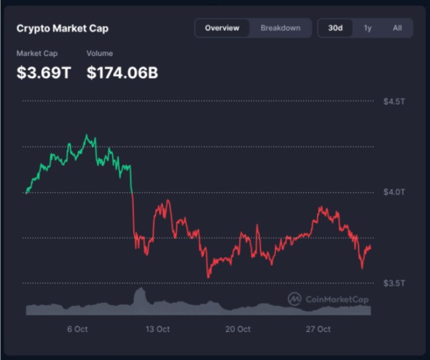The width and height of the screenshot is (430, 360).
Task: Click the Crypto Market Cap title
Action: coord(62,28)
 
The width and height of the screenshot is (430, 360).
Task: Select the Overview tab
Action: coord(222,28)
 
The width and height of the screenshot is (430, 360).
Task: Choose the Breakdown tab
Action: coord(281,28)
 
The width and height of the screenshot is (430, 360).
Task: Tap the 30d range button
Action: coord(335,28)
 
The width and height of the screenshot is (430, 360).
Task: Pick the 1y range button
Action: coord(367,28)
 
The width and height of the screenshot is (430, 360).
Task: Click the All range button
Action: coord(397,28)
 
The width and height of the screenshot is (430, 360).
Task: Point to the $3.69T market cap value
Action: coord(43,73)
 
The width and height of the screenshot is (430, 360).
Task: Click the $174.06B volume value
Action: coord(122,73)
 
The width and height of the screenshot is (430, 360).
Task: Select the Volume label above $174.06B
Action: coord(100,53)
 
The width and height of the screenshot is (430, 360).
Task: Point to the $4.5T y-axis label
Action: coord(394,102)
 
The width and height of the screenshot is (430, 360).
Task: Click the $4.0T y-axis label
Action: coord(394,192)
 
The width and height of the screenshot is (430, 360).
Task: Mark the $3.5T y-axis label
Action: coord(394,283)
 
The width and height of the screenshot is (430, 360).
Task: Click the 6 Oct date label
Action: coord(77,329)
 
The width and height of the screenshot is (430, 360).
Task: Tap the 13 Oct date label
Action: coord(157,329)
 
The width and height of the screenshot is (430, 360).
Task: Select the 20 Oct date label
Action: coord(238,329)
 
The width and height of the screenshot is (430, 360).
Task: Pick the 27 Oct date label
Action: coord(318,329)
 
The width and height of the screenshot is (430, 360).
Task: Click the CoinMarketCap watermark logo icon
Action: coord(294,299)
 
